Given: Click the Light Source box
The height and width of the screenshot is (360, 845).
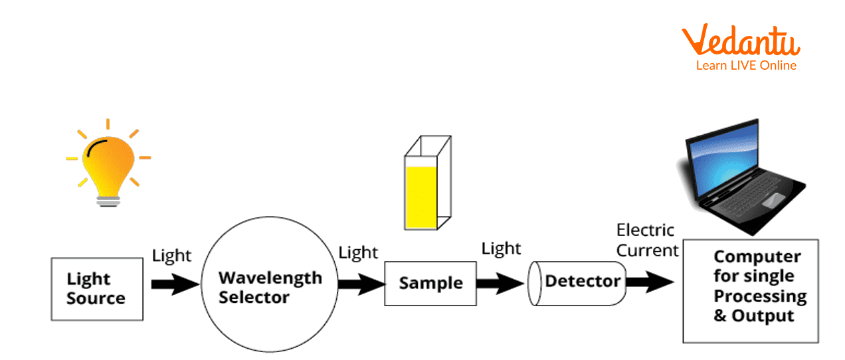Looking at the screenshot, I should tap(97, 289).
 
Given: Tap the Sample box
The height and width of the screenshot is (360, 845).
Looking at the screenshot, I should tap(430, 283).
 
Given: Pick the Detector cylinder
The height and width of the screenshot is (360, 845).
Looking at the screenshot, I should tap(578, 282).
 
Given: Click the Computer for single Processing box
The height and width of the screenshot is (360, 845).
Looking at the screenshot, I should tap(751, 291).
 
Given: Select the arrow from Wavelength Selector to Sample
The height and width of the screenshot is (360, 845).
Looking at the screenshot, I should tap(361, 284).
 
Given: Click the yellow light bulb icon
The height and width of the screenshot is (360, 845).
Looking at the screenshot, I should tap(108, 163).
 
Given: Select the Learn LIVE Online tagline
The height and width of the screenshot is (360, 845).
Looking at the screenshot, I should tap(746, 65).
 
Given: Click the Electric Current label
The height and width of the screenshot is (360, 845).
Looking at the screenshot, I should tap(647, 240).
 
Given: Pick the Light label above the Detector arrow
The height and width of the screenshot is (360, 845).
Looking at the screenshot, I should tap(502, 248).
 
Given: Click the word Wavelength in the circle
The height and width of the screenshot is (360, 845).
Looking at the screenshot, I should tap(270, 278).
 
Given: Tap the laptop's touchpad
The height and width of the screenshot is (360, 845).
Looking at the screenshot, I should tap(773, 199).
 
